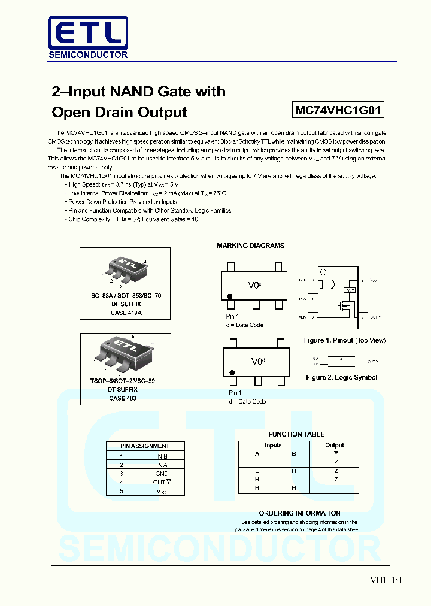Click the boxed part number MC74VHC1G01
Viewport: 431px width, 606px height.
(338, 111)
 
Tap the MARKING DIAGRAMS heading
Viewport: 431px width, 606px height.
(250, 246)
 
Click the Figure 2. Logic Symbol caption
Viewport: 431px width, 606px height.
(341, 377)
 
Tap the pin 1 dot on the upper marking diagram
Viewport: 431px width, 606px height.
(229, 296)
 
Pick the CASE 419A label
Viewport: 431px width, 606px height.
(126, 313)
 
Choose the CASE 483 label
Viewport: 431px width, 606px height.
(122, 398)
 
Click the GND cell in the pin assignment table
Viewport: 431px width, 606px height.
(162, 473)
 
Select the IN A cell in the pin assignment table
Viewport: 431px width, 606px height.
(162, 465)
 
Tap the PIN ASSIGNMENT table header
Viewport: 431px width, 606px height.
(145, 446)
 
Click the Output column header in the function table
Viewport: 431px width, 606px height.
(335, 445)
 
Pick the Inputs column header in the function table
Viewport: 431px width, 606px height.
(273, 445)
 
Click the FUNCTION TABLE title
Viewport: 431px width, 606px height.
(296, 434)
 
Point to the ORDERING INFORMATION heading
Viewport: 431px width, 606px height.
(299, 513)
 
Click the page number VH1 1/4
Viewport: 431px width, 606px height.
(386, 580)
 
